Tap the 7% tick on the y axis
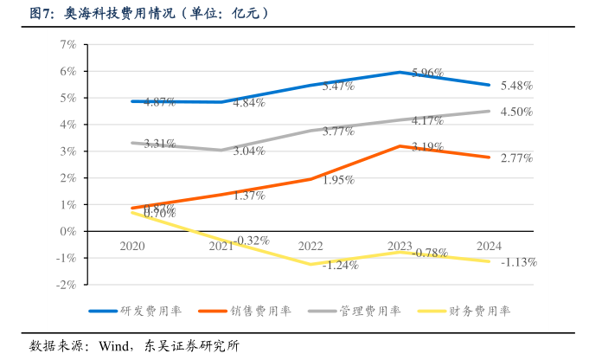pos(68,45)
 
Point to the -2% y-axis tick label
pos(67,285)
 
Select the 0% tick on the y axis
pos(68,231)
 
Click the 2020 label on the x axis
pos(132,247)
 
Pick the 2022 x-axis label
pos(311,247)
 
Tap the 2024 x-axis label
pos(489,247)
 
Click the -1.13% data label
pos(519,262)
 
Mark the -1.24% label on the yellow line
pos(340,266)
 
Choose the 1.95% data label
pos(337,181)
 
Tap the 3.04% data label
pos(248,151)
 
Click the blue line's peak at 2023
pos(400,72)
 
